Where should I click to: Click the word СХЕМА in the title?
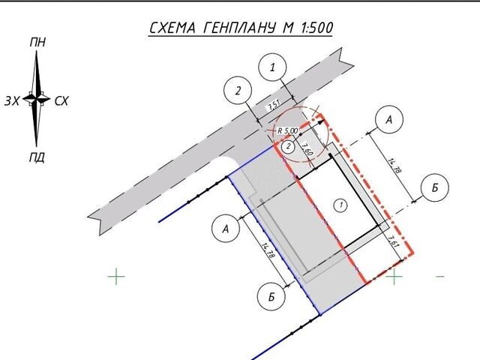[172, 28]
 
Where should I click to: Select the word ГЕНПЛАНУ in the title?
[238, 28]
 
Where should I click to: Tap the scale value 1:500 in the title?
[317, 28]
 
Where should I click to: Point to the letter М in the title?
[288, 28]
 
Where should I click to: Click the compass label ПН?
[38, 42]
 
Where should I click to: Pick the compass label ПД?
[37, 157]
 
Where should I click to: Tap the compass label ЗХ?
[12, 100]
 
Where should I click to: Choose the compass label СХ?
[61, 100]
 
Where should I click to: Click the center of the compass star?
[37, 99]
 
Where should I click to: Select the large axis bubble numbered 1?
[272, 67]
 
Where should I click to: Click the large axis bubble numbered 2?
[238, 91]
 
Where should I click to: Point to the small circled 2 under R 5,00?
[288, 147]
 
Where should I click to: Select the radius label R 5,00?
[287, 130]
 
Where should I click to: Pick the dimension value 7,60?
[307, 149]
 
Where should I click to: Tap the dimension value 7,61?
[393, 241]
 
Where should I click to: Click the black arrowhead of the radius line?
[320, 122]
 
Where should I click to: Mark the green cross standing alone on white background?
[116, 277]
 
